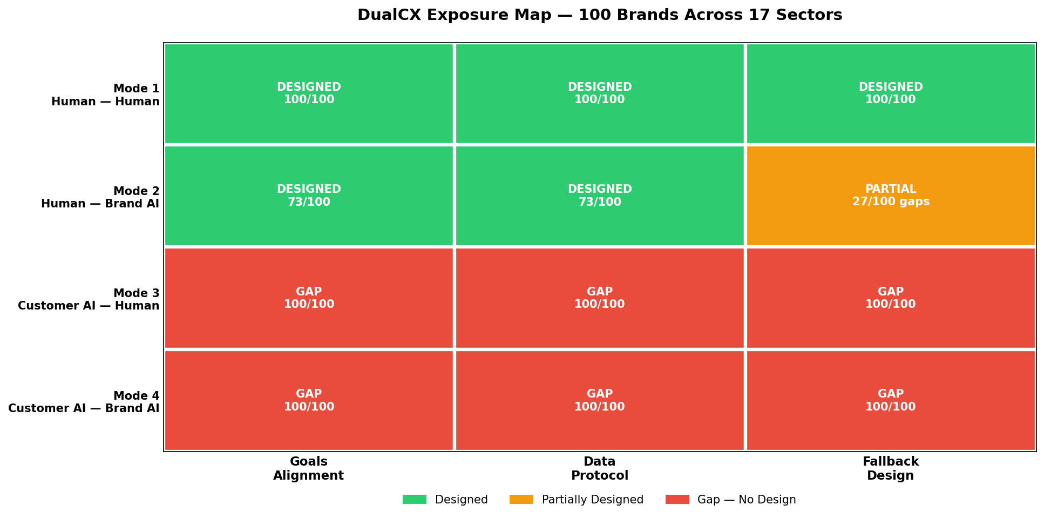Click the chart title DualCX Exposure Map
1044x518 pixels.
coord(599,15)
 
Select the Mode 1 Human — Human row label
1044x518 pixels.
coord(106,95)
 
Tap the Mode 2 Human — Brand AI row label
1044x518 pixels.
coord(100,197)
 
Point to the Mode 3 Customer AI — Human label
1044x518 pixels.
coord(89,299)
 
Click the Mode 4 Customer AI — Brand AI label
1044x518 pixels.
coord(84,402)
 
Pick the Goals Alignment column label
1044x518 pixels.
coord(308,468)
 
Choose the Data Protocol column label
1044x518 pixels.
coord(599,468)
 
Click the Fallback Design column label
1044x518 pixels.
coord(890,468)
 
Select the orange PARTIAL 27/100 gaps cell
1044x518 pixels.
coord(890,196)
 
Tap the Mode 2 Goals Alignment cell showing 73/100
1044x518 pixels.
coord(309,196)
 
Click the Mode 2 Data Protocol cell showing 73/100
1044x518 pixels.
coord(599,196)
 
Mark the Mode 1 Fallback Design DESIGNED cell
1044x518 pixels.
coord(890,93)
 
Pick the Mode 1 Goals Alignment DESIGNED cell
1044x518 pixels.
coord(309,93)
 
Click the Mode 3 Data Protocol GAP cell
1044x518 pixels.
coord(599,298)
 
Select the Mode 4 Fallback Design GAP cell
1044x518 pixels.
coord(890,400)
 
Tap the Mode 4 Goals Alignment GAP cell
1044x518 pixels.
coord(309,400)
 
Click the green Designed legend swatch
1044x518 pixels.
coord(414,500)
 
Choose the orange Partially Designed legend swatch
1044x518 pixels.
coord(521,500)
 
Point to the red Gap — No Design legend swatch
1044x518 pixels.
coord(677,500)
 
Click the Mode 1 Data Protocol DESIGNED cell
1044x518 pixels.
coord(599,93)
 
